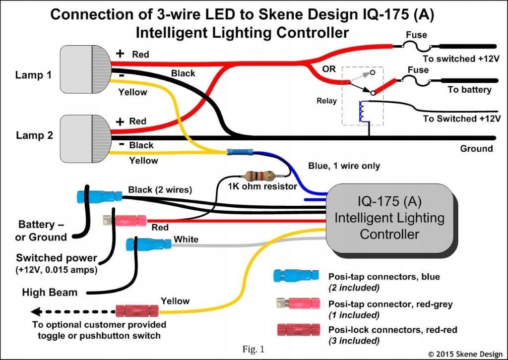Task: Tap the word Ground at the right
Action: coord(476,148)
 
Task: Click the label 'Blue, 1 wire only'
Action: coord(344,166)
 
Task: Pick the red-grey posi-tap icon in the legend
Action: coord(296,301)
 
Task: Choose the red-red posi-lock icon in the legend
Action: coord(296,330)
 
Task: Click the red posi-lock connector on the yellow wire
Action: coord(136,311)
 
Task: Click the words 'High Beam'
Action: coord(50,292)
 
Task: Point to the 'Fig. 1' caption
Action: coord(254,349)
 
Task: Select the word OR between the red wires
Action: coord(329,69)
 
